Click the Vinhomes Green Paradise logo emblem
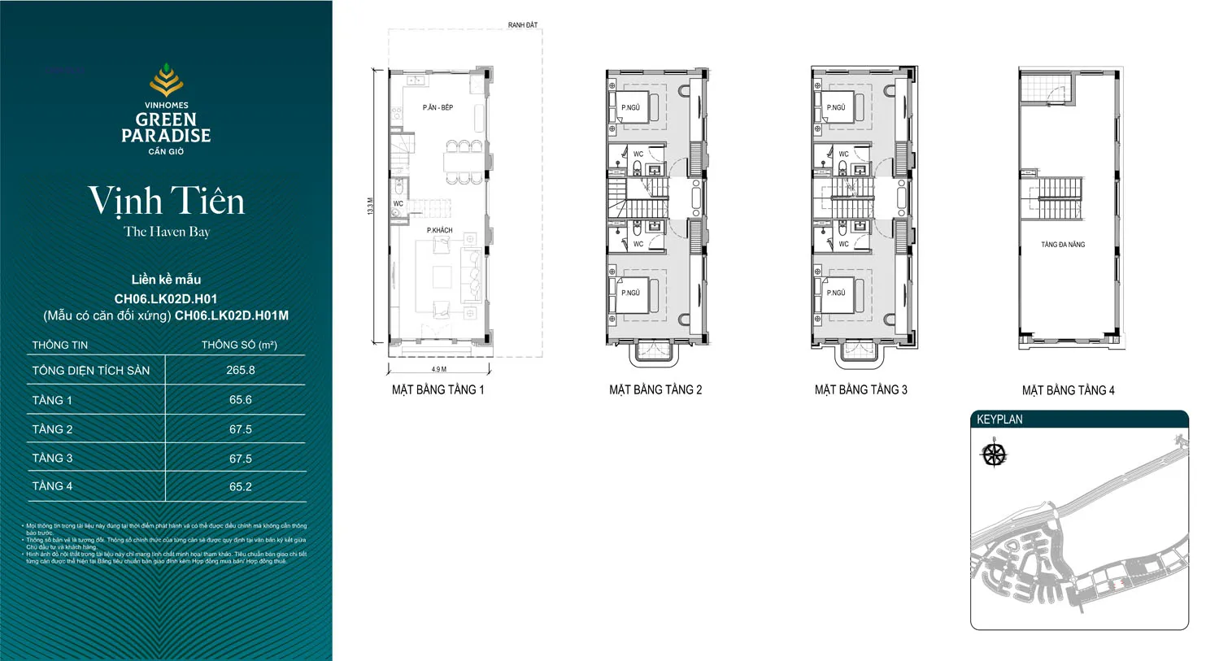166,80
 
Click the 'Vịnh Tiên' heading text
166,201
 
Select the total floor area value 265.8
240,370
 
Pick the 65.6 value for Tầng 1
240,400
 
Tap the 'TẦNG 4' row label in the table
52,486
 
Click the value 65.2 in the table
240,487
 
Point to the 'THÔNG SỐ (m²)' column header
239,345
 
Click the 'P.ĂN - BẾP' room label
438,107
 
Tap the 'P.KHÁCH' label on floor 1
439,230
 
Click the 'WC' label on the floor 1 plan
398,204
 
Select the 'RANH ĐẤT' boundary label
522,25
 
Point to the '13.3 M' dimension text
371,206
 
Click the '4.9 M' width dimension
438,369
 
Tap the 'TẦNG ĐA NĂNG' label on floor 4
1063,245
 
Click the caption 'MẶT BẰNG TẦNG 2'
655,390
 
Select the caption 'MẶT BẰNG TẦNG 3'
860,390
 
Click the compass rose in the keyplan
994,454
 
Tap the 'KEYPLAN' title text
999,420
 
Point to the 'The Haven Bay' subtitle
166,232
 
